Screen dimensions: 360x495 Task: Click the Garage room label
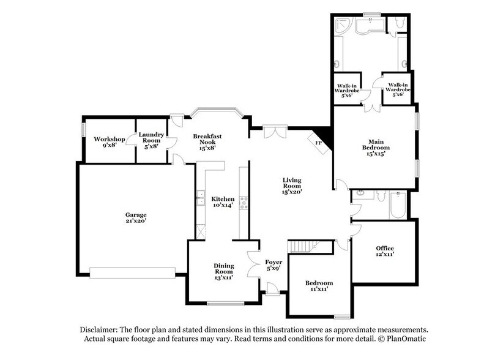[136, 215]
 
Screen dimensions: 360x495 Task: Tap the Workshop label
[110, 139]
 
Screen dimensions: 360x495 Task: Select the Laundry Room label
[149, 138]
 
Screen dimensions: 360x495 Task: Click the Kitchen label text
[223, 199]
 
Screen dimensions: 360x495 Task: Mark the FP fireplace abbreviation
[318, 143]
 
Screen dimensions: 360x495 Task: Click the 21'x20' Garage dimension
[136, 222]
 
